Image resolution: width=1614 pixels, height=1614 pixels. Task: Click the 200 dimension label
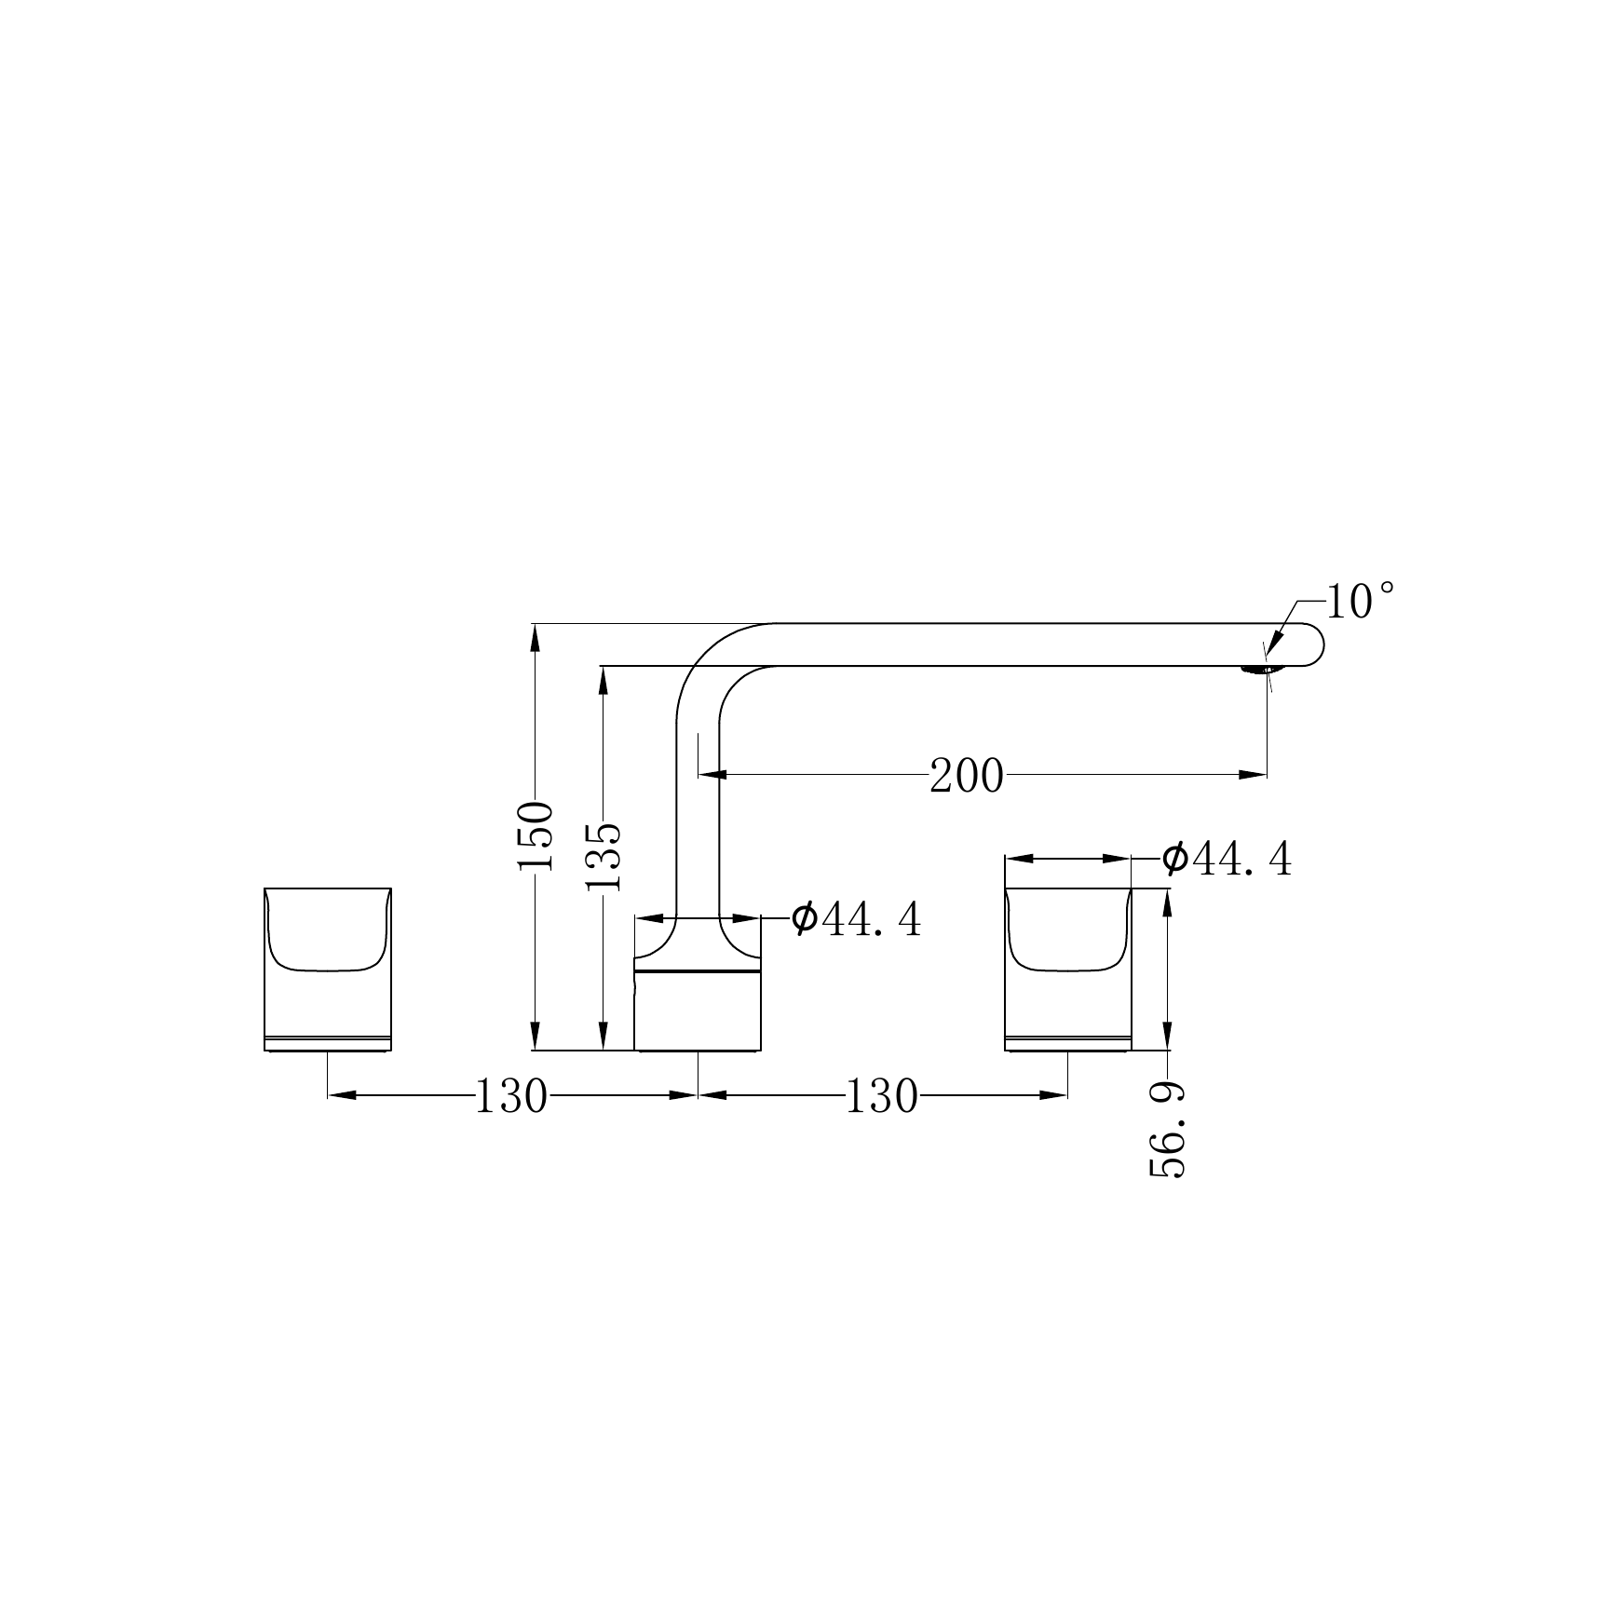[967, 776]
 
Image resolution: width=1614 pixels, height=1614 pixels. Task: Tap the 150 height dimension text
[536, 835]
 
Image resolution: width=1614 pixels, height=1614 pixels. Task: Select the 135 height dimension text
[603, 857]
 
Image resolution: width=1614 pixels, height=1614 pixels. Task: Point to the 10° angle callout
[1361, 602]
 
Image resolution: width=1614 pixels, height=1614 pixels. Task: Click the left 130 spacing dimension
[511, 1096]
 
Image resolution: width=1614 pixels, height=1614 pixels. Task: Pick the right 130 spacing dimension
[881, 1096]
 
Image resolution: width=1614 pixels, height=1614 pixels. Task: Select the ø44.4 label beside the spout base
[856, 919]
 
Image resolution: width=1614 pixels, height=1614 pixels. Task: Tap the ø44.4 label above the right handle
[1227, 859]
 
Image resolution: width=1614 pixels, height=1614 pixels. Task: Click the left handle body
[328, 970]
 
